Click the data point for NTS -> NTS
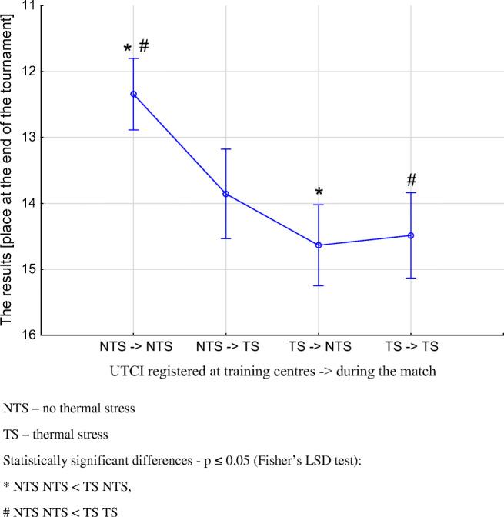134,94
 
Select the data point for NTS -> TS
226,194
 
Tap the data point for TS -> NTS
319,245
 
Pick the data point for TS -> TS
411,235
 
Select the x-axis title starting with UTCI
272,371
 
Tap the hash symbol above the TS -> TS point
412,180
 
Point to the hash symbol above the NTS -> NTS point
143,46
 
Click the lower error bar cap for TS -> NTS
319,285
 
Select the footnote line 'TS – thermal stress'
55,435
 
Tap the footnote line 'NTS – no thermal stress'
69,409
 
